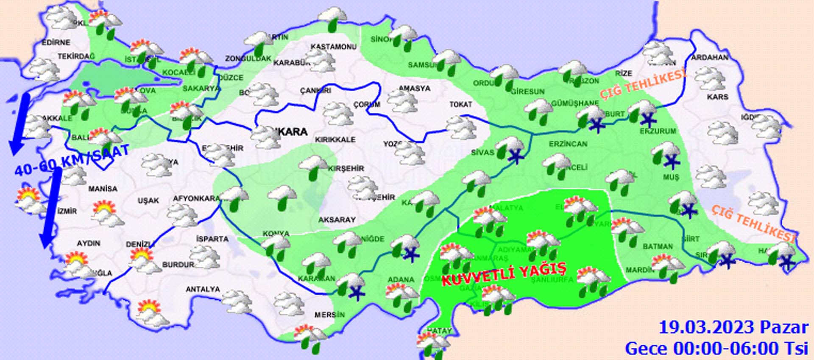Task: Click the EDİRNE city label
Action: point(56,42)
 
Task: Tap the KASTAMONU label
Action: point(333,47)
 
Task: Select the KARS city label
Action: point(717,97)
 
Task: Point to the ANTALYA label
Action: point(203,289)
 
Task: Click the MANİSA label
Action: point(103,188)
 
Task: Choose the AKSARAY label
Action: point(337,220)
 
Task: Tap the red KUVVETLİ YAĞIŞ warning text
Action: point(504,274)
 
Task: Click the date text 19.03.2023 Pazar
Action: point(733,327)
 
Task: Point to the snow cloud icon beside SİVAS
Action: point(511,149)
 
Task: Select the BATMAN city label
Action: point(658,246)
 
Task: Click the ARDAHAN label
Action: point(710,57)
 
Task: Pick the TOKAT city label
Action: point(460,104)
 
